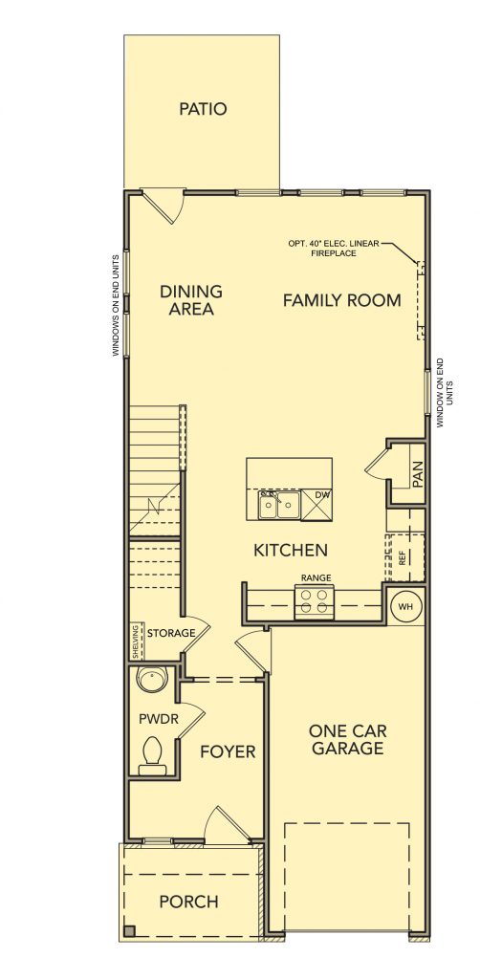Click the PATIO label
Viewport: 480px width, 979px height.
pyautogui.click(x=203, y=109)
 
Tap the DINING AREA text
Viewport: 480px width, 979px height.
pyautogui.click(x=191, y=299)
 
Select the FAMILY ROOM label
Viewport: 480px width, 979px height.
pyautogui.click(x=342, y=300)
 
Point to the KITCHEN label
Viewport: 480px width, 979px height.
pyautogui.click(x=291, y=550)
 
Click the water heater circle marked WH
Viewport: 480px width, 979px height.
pyautogui.click(x=406, y=605)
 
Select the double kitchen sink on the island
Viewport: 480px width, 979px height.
pyautogui.click(x=279, y=505)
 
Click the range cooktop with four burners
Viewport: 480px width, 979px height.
pyautogui.click(x=314, y=602)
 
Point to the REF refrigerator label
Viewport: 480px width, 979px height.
pyautogui.click(x=402, y=557)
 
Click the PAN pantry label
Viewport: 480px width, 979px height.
pyautogui.click(x=418, y=474)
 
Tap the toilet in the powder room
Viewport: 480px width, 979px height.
pyautogui.click(x=153, y=754)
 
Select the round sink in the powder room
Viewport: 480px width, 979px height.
pyautogui.click(x=151, y=680)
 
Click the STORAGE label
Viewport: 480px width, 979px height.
pyautogui.click(x=171, y=633)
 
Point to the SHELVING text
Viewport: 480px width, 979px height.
pyautogui.click(x=136, y=642)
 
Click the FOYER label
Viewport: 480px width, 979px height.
pyautogui.click(x=228, y=751)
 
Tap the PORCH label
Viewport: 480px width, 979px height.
pyautogui.click(x=188, y=902)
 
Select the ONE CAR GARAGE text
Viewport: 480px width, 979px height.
pyautogui.click(x=347, y=739)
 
